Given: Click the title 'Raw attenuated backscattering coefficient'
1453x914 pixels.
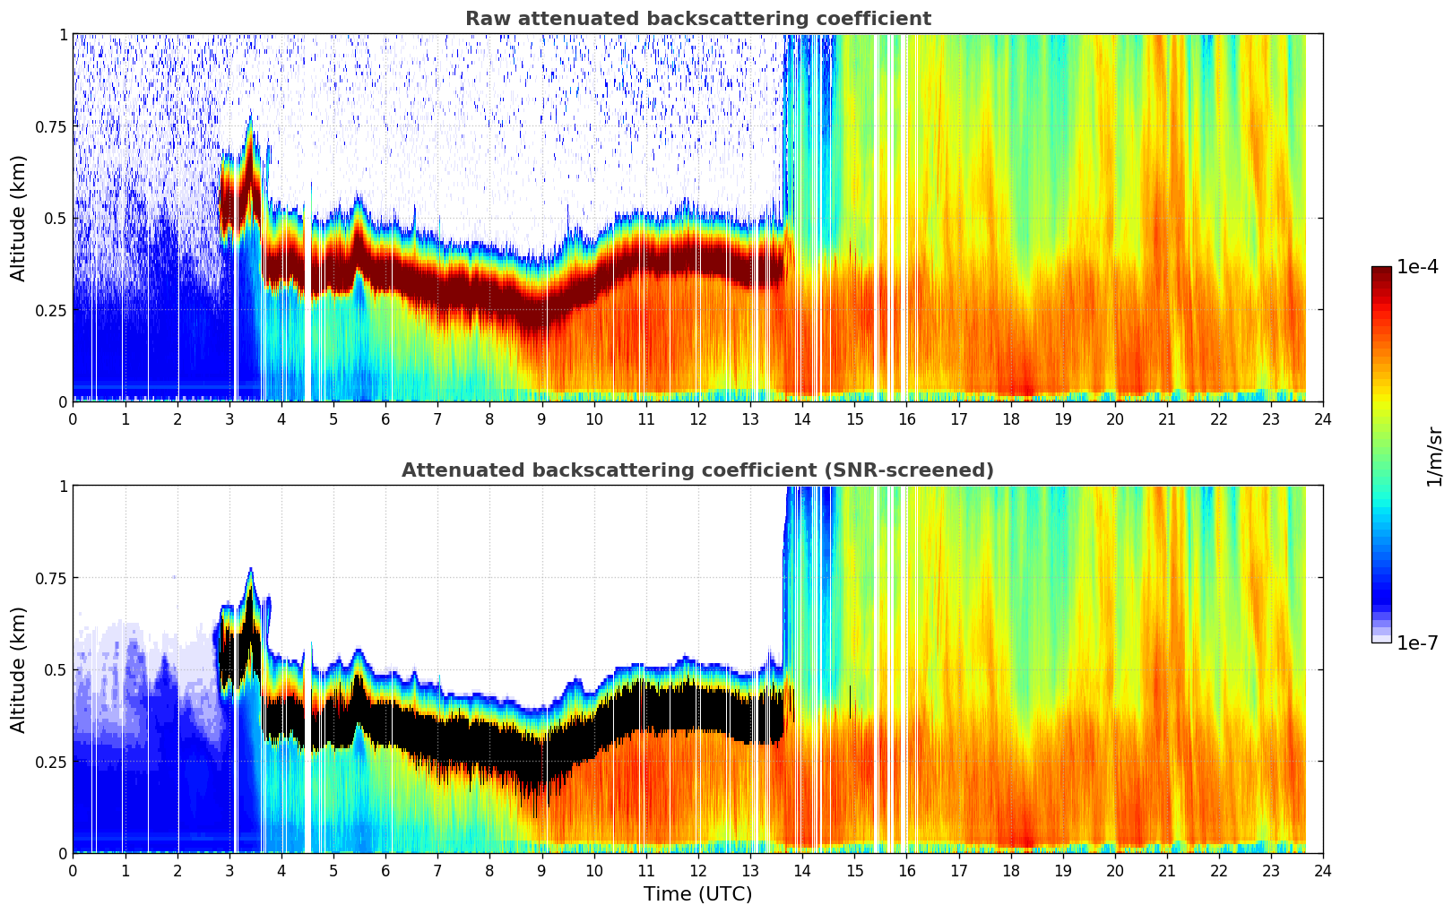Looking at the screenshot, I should click(697, 19).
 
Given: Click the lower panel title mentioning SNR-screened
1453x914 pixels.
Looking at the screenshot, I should click(697, 470).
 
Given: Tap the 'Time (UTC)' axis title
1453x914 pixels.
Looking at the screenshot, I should click(697, 894).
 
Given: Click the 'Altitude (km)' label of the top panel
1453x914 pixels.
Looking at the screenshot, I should click(19, 218).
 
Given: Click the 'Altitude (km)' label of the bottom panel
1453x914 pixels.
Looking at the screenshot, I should click(19, 669).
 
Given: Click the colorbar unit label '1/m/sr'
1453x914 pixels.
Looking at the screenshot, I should click(1434, 457).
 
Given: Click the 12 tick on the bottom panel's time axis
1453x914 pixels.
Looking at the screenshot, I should click(698, 870).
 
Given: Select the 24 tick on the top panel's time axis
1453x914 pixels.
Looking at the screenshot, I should click(1323, 418).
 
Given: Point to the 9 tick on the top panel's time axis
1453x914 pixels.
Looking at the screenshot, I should click(541, 418).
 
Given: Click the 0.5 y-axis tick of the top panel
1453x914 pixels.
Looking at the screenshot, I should click(56, 218).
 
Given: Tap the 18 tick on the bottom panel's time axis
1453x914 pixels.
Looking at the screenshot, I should click(1010, 870).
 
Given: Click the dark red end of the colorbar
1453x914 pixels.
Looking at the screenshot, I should click(1381, 272).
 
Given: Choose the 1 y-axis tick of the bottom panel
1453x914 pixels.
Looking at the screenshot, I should click(63, 487).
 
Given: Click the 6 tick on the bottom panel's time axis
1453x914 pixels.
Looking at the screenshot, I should click(385, 870).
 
